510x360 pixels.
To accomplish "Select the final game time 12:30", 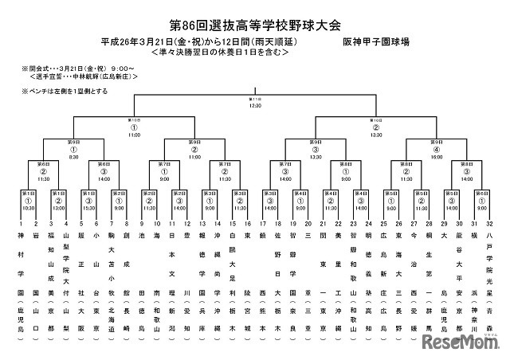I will point(255,105).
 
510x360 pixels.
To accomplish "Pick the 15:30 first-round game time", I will point(91,208).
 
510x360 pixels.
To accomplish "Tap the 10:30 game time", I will point(28,208).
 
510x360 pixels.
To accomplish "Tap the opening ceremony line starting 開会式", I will point(72,68).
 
